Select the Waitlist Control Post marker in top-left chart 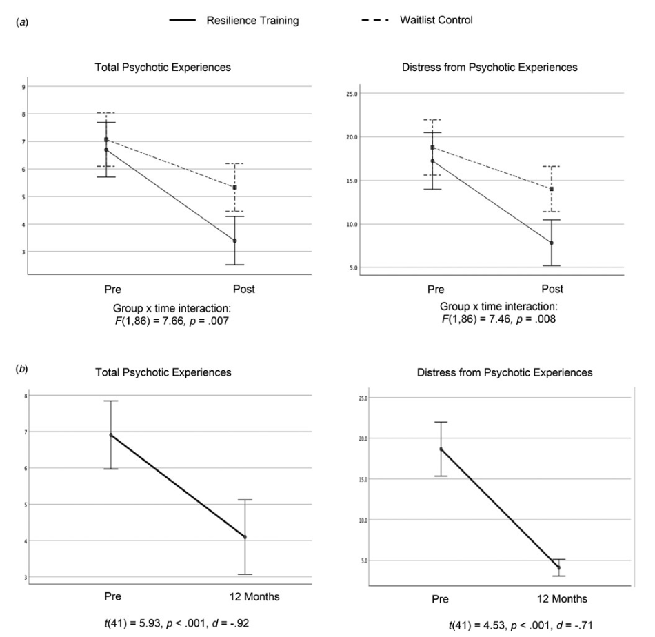(235, 188)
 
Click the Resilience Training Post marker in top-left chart (235, 241)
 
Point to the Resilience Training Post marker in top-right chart (552, 243)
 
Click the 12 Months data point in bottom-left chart (245, 537)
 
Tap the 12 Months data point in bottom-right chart (558, 567)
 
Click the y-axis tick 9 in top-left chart (24, 87)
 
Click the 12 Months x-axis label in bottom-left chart (245, 598)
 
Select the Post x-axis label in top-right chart (552, 289)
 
